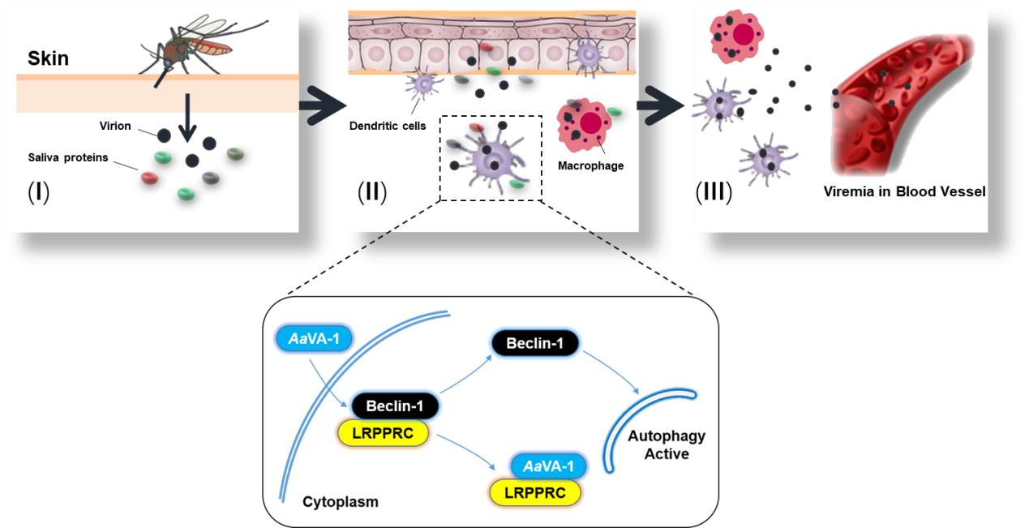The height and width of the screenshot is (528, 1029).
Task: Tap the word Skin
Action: click(x=48, y=58)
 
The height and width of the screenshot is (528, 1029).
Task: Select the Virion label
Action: click(x=115, y=126)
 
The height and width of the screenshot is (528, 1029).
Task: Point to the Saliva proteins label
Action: click(x=68, y=157)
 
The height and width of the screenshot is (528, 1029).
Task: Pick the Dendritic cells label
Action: click(x=388, y=126)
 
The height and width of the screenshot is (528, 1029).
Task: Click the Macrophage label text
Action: click(x=591, y=166)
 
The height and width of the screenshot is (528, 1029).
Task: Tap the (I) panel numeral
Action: click(x=39, y=192)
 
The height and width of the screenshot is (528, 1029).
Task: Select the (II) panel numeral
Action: click(x=372, y=192)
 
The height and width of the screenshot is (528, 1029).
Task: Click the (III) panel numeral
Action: click(x=714, y=192)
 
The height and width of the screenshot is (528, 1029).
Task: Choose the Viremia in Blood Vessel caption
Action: click(x=904, y=191)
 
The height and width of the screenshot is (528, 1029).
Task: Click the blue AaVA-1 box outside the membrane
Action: click(x=314, y=339)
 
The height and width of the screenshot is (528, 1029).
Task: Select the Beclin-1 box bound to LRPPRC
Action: click(x=395, y=406)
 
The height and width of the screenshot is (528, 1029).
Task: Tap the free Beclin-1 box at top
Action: click(x=535, y=343)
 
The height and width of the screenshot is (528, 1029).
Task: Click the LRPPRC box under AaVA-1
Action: click(x=535, y=492)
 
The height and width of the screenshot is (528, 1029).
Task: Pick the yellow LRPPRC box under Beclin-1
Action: click(x=383, y=433)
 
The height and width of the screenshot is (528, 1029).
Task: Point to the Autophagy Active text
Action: click(x=667, y=444)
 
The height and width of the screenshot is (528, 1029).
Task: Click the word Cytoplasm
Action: click(x=341, y=502)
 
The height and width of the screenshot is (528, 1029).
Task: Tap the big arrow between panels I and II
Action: click(x=323, y=105)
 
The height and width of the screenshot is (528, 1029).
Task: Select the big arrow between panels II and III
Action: click(x=660, y=105)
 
